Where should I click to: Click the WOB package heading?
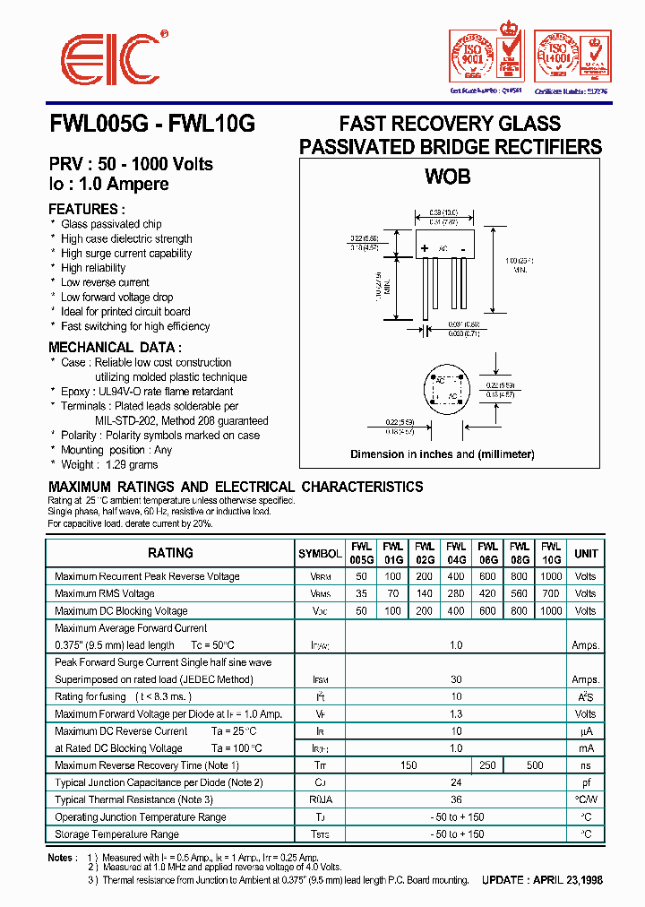(x=447, y=177)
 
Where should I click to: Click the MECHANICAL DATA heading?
(x=116, y=347)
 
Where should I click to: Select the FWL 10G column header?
(x=551, y=553)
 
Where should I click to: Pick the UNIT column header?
(x=586, y=553)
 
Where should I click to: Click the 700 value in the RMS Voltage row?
(x=551, y=593)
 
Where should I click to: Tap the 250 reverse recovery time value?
(x=487, y=765)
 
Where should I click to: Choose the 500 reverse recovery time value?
(x=535, y=765)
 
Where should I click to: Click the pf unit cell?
(x=586, y=782)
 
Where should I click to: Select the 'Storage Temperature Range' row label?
(x=117, y=834)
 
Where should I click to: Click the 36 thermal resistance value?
(x=456, y=799)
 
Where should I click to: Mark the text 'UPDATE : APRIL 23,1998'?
(x=542, y=880)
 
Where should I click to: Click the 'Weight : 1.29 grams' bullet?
(x=109, y=464)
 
